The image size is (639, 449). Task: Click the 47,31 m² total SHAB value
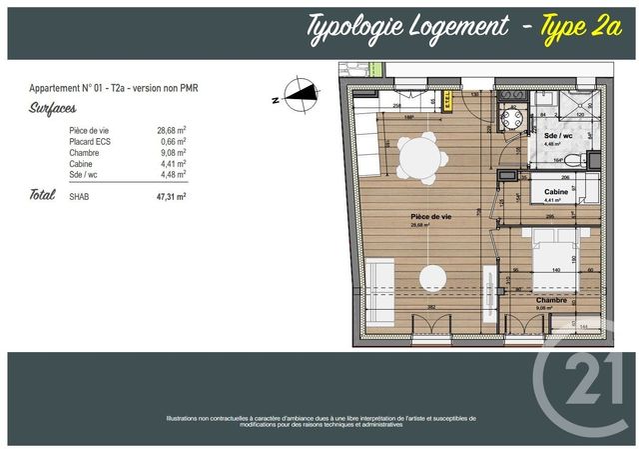click(171, 197)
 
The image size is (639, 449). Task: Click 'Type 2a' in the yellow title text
click(575, 27)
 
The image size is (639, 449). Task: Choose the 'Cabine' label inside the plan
click(556, 191)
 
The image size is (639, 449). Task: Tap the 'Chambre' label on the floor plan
click(551, 299)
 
